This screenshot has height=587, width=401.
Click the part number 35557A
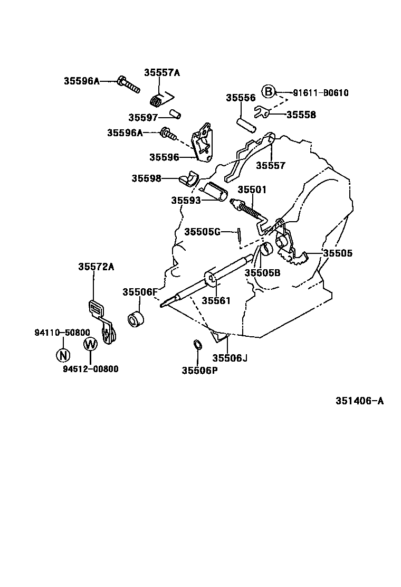tap(162, 73)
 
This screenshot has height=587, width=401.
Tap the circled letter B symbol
tap(269, 92)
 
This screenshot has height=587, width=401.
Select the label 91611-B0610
tap(321, 93)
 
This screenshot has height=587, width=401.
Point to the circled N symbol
tap(63, 355)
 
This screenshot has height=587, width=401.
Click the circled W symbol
tap(90, 344)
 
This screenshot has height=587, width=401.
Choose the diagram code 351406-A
tap(359, 401)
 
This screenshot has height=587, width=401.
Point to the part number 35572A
tap(97, 267)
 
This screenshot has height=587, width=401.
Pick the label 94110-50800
tap(62, 333)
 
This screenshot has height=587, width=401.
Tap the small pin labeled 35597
tap(176, 115)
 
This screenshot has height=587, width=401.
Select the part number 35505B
tap(262, 272)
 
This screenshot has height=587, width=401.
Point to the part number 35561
tap(216, 300)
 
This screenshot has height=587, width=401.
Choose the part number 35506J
tap(230, 358)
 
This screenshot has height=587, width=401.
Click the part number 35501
tap(252, 190)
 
